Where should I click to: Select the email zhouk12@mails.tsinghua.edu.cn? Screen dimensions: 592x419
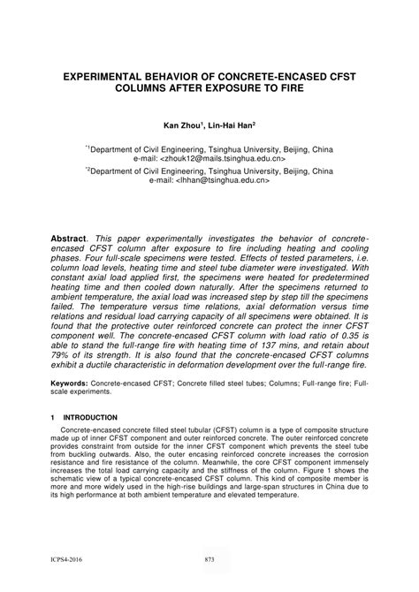[x=232, y=159]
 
